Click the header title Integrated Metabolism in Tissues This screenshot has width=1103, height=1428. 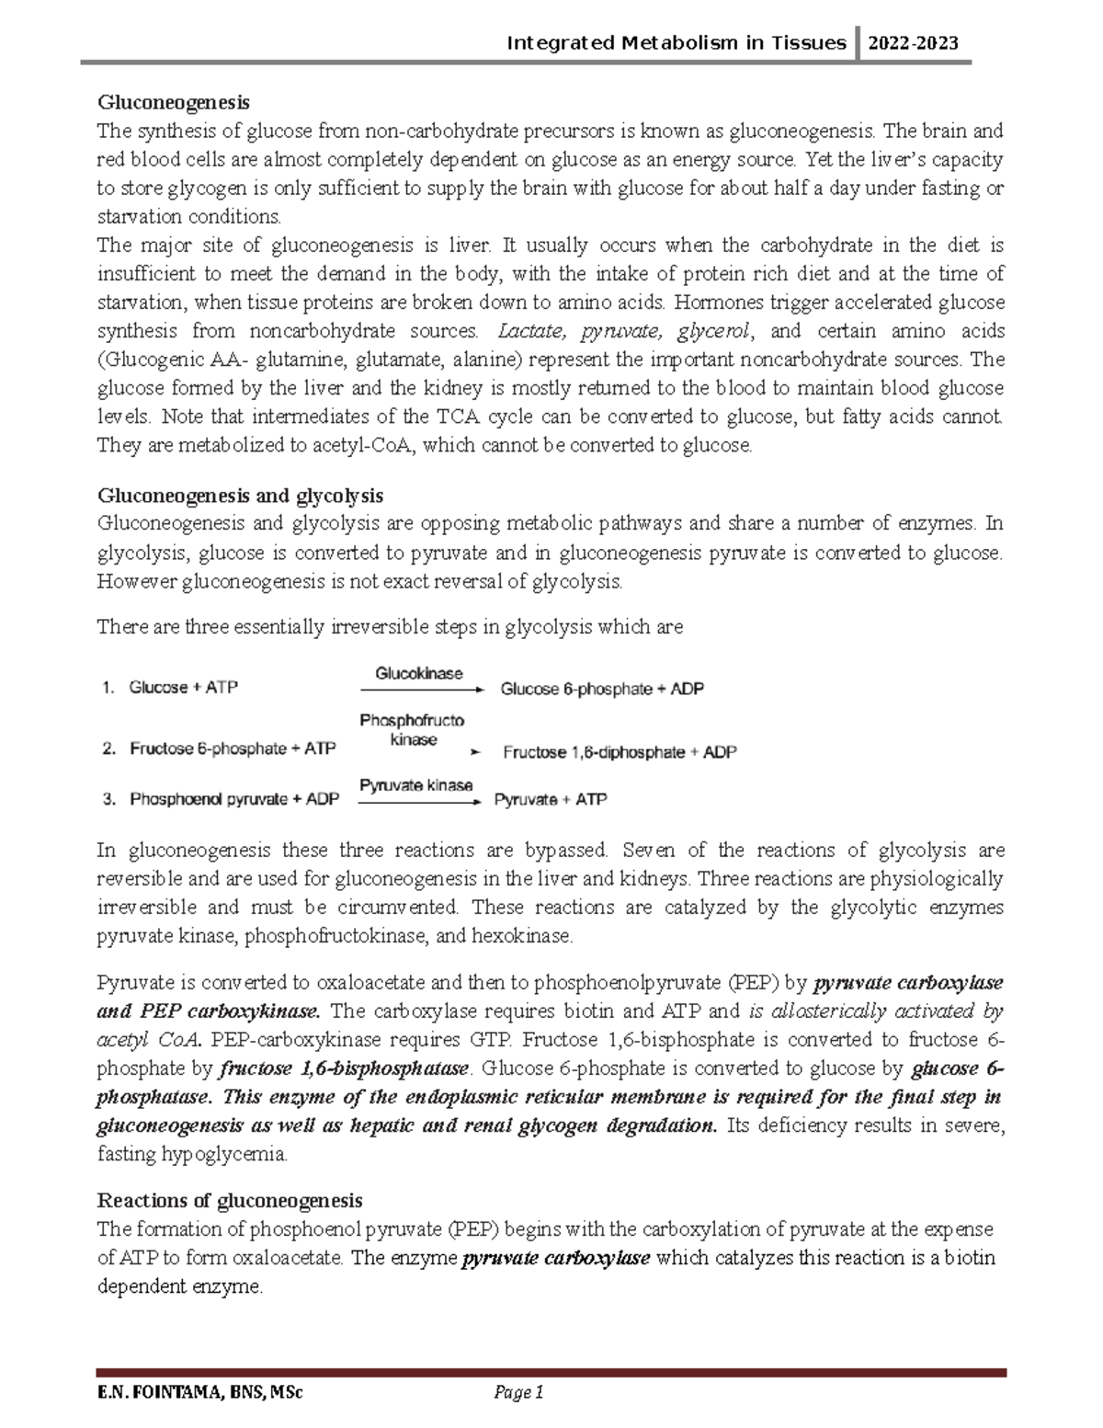(x=677, y=42)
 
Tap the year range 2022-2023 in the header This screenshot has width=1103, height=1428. (x=915, y=42)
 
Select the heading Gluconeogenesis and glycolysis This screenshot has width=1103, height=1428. (x=240, y=496)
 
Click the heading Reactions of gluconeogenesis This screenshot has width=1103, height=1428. (x=230, y=1200)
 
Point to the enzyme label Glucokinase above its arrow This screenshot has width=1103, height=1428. (x=418, y=673)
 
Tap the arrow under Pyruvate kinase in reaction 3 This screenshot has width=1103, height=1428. (x=419, y=802)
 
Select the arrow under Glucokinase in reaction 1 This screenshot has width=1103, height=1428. (x=419, y=689)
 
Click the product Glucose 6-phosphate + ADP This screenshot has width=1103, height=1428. (x=601, y=689)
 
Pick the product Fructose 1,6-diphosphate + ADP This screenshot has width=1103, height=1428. (x=620, y=752)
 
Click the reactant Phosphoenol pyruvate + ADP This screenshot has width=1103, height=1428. (x=234, y=800)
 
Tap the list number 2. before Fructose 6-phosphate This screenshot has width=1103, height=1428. (x=108, y=749)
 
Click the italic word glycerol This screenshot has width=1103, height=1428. (x=714, y=331)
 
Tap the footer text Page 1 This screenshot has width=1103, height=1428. (x=519, y=1393)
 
